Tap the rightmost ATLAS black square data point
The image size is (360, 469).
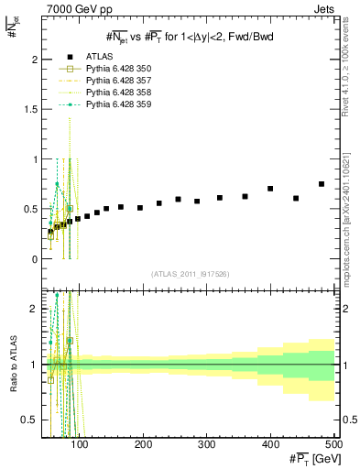322,184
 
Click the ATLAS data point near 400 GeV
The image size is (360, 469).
270,189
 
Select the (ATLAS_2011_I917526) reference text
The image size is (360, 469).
191,274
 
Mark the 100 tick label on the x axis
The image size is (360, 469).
80,445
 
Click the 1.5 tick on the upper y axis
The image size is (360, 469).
34,109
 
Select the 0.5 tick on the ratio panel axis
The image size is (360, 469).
33,420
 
